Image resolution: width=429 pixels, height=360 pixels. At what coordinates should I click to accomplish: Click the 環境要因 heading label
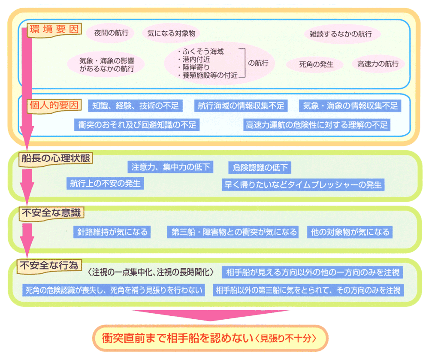(54, 30)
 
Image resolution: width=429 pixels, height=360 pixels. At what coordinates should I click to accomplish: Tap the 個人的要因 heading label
(54, 105)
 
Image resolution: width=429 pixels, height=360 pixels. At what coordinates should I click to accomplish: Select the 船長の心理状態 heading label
(55, 158)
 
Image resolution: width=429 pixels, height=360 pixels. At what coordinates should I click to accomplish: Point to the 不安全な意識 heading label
(51, 213)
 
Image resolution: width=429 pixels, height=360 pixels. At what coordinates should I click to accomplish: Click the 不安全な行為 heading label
(49, 266)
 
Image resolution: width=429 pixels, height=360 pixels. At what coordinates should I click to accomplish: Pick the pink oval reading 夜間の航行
(111, 33)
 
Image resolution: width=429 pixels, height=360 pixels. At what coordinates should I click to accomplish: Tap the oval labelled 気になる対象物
(171, 33)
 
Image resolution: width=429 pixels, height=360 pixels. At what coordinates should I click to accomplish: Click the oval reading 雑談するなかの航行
(342, 34)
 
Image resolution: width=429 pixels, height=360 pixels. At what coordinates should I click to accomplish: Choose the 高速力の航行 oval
(378, 64)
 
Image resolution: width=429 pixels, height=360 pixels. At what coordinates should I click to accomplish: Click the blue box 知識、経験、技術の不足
(135, 106)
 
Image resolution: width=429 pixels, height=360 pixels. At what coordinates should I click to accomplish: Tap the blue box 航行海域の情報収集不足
(241, 106)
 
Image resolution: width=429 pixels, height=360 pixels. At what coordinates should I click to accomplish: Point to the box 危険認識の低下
(260, 167)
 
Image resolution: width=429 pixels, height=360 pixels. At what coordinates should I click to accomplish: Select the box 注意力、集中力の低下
(170, 167)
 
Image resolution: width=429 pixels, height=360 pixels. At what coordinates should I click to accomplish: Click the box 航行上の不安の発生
(106, 183)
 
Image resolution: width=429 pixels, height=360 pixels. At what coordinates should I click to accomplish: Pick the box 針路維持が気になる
(112, 232)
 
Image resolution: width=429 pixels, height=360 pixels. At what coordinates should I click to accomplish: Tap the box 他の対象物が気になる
(350, 232)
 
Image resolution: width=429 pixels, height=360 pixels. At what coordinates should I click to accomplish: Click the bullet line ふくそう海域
(200, 51)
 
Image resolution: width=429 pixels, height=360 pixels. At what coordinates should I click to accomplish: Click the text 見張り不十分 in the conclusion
(286, 339)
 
